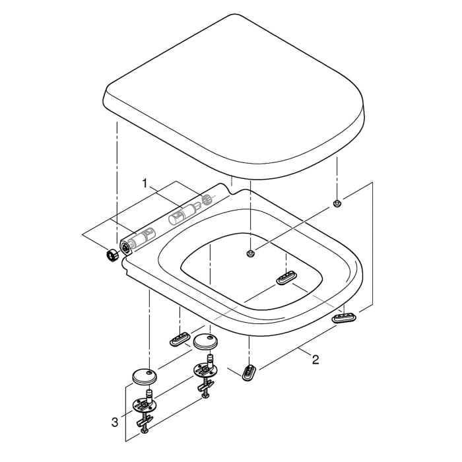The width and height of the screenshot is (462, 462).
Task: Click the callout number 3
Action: click(x=115, y=420)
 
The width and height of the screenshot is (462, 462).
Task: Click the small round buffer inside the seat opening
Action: click(x=249, y=253)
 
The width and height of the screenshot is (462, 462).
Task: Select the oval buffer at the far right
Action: click(x=345, y=317)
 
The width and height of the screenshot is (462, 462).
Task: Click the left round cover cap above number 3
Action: click(x=143, y=376)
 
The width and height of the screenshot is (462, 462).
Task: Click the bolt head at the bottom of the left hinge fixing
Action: click(x=146, y=430)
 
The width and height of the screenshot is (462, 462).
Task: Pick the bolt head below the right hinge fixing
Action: click(x=205, y=395)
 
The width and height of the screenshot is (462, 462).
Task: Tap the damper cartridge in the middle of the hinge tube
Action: click(x=178, y=215)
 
